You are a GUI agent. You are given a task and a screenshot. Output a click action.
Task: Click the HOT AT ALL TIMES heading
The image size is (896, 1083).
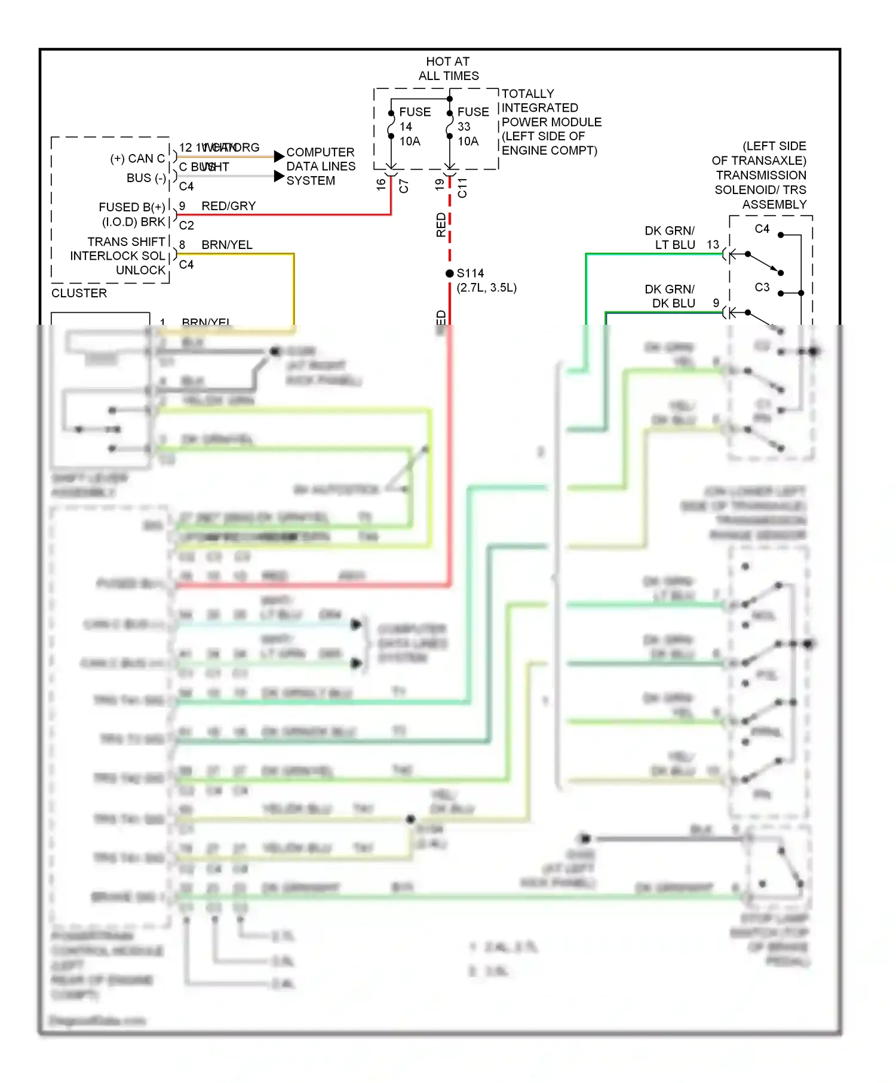pos(448,69)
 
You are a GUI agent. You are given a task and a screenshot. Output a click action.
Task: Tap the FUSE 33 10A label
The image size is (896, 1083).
pos(472,127)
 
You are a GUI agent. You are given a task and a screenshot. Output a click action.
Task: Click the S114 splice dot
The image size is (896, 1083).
pos(450,273)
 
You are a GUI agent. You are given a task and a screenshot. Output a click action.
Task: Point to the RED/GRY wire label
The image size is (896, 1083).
pos(228,206)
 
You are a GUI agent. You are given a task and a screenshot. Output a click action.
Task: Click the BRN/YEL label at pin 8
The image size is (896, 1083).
pos(226,245)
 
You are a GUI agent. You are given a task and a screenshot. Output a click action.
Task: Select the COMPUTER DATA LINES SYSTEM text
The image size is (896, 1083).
pos(320,167)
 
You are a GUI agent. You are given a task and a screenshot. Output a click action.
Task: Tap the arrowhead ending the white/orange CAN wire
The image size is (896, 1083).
pos(279,156)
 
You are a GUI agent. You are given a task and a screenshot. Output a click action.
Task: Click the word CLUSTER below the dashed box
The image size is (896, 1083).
pos(79,293)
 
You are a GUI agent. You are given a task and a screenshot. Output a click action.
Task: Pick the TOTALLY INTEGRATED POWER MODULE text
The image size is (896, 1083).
pos(550,122)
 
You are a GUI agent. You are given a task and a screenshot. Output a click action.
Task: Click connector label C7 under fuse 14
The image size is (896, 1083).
pos(404,186)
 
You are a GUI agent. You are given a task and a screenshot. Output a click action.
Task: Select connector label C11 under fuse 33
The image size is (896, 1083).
pos(462,187)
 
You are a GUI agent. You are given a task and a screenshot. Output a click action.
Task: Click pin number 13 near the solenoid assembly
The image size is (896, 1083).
pos(713,245)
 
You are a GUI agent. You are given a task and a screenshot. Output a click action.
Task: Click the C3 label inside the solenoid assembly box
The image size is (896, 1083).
pos(762,287)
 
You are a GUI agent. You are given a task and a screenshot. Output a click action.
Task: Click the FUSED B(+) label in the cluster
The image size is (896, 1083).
pos(131,207)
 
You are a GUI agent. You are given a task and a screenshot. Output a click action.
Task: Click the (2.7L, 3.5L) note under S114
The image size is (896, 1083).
pos(486,288)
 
